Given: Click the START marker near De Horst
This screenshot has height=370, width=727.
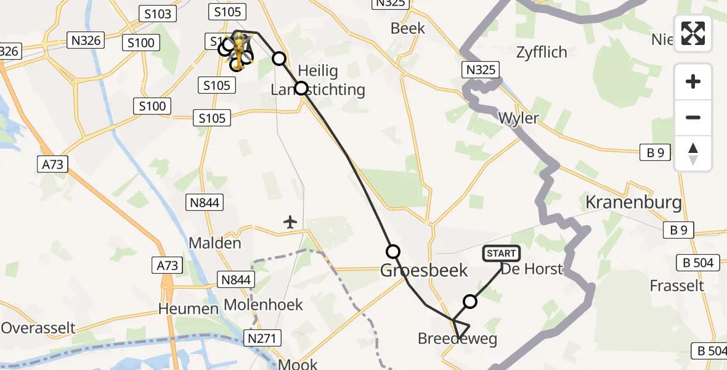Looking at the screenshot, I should (502, 253).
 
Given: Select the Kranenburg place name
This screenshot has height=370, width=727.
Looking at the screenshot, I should (633, 202).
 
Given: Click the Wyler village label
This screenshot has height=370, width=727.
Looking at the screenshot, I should (518, 118).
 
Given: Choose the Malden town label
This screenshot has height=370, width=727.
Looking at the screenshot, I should (214, 242).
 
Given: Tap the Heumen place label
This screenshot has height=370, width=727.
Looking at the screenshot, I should (189, 308).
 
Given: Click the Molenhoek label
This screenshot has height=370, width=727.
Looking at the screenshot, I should (263, 305).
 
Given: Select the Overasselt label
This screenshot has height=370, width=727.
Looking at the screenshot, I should (38, 327).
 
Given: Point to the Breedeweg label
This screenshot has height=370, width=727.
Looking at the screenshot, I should (457, 339).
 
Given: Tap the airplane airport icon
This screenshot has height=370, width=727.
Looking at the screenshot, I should (291, 221).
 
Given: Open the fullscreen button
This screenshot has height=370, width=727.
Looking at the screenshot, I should (693, 33).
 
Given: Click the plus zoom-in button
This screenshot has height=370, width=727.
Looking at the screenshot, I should (693, 81).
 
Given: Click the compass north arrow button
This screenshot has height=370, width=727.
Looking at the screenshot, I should (693, 154).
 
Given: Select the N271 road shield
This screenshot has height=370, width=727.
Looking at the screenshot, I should (264, 338).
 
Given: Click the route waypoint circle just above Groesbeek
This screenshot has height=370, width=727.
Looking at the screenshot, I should (393, 252).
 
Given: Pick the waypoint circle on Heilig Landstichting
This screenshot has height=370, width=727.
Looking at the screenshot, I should (301, 88).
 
